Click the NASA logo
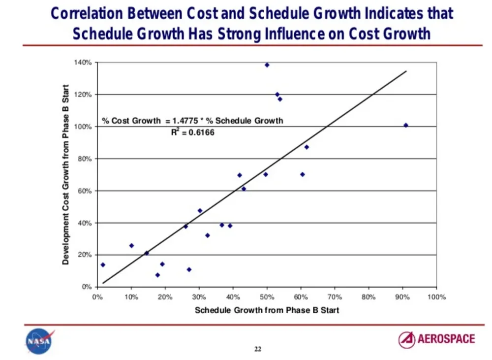point(39,341)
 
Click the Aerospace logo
point(436,339)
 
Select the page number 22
point(258,349)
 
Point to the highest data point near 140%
point(267,65)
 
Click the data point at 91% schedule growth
point(406,126)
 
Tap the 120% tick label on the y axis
point(83,95)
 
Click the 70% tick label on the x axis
point(335,297)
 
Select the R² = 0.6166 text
point(193,132)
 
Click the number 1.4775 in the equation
point(185,121)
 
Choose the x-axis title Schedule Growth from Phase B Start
point(267,310)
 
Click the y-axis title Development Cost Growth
point(65,175)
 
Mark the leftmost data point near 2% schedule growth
point(103,265)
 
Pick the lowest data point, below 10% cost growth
point(157,275)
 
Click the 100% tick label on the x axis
point(436,297)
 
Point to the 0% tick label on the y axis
point(87,287)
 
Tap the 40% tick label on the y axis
point(85,223)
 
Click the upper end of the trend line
point(406,71)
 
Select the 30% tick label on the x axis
point(199,297)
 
